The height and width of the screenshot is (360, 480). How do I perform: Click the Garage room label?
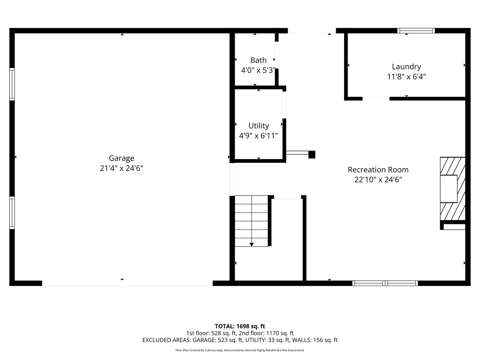[x=121, y=158]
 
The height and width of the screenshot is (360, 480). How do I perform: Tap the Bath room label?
[x=258, y=60]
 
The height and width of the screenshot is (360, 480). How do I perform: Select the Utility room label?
[x=258, y=126]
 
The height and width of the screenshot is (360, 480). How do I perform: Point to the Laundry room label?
[x=406, y=67]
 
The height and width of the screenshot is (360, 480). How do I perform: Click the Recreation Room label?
[x=378, y=170]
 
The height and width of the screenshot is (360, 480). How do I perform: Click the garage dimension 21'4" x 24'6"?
[x=121, y=168]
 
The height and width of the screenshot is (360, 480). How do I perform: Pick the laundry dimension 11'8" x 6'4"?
[x=406, y=77]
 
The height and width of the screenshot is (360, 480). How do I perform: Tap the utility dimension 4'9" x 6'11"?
[x=258, y=136]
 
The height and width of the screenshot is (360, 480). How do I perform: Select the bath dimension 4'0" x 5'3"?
[x=258, y=70]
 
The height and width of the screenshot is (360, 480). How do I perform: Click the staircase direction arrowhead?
[x=251, y=245]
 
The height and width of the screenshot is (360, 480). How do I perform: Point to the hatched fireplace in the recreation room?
[x=452, y=189]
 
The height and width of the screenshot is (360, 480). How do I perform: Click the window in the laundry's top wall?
[x=416, y=31]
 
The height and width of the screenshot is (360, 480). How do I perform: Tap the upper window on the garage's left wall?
[x=12, y=84]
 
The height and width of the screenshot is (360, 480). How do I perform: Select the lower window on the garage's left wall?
[x=12, y=213]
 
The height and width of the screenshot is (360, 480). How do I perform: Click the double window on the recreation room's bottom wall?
[x=385, y=283]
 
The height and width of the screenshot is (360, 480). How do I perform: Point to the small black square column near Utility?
[x=312, y=155]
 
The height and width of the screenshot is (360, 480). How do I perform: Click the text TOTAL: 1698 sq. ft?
[x=240, y=326]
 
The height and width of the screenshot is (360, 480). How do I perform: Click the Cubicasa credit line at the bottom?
[x=240, y=350]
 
